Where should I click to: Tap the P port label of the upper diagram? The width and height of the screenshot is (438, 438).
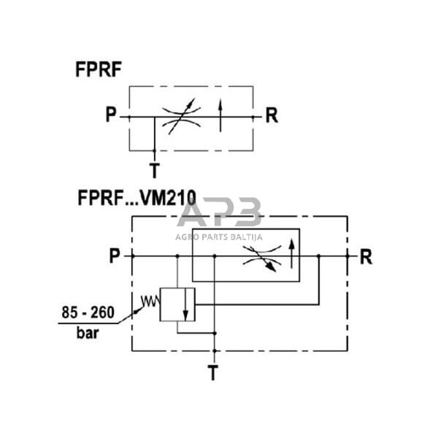112,116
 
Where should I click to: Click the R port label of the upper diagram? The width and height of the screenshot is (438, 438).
271,116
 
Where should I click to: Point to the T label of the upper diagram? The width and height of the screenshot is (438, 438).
154,171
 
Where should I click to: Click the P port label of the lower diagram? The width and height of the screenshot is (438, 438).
115,256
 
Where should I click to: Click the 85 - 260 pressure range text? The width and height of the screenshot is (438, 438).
87,313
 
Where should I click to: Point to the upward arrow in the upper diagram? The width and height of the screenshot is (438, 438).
221,116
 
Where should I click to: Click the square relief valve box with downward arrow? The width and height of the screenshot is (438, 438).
177,304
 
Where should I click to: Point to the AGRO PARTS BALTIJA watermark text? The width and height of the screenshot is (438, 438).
219,236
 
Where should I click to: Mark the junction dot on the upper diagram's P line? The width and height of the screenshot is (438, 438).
154,117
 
